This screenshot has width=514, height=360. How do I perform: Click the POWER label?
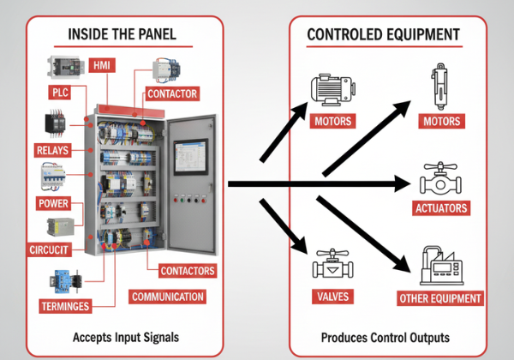click(x=53, y=203)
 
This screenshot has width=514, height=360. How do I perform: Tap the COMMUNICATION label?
click(x=168, y=297)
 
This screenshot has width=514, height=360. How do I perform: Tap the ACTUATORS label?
click(x=440, y=208)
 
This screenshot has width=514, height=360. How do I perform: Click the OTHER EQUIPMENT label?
click(x=440, y=298)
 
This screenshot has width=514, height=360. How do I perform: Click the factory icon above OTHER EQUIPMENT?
click(x=439, y=267)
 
